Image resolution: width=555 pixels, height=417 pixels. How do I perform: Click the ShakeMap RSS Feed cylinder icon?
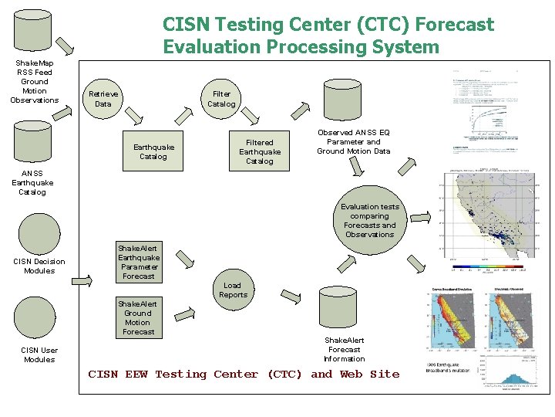(x=33, y=32)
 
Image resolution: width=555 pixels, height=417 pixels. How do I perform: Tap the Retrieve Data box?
(x=103, y=99)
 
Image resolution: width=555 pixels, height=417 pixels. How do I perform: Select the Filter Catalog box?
(x=221, y=99)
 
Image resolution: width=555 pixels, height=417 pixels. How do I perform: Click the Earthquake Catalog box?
(x=153, y=151)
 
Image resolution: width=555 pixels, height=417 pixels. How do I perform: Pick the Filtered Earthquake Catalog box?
(x=259, y=151)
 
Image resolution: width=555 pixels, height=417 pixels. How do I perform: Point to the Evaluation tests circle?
(x=370, y=220)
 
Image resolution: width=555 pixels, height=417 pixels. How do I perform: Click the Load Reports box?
(x=233, y=290)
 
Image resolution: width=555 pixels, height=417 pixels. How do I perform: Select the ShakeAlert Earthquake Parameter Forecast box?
(x=139, y=262)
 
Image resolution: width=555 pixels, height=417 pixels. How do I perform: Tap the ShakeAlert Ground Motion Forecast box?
(x=138, y=317)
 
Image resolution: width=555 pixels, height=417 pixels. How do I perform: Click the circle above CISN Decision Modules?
(x=39, y=232)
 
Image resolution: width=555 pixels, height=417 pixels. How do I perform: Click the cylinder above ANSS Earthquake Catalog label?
(x=33, y=143)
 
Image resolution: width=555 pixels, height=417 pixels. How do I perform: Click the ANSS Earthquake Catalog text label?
(x=32, y=183)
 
